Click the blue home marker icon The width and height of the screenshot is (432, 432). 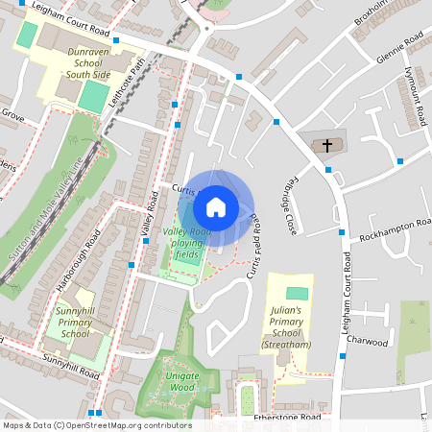coord(216,206)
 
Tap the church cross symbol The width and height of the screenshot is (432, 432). coord(326,146)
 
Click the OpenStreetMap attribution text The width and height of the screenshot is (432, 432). coord(96,425)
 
